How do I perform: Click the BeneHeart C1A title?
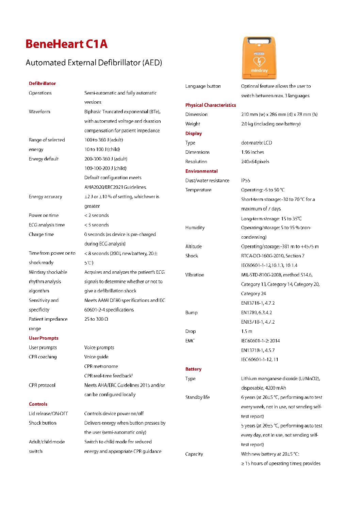pyautogui.click(x=66, y=44)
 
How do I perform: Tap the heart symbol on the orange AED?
pyautogui.click(x=259, y=62)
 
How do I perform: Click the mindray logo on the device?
pyautogui.click(x=259, y=71)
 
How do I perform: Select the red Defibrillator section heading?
pyautogui.click(x=42, y=83)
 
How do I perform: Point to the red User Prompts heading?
pyautogui.click(x=44, y=338)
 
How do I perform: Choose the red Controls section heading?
pyautogui.click(x=38, y=404)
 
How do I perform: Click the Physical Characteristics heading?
pyautogui.click(x=211, y=105)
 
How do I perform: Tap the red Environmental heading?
pyautogui.click(x=201, y=171)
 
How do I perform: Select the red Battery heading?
pyautogui.click(x=193, y=369)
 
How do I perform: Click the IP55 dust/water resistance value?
pyautogui.click(x=246, y=181)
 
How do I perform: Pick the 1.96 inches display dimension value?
pyautogui.click(x=252, y=152)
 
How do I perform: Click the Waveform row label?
pyautogui.click(x=39, y=112)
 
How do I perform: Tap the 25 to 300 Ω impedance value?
pyautogui.click(x=96, y=319)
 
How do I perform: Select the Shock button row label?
pyautogui.click(x=43, y=423)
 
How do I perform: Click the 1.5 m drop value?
pyautogui.click(x=247, y=331)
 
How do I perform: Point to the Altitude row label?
pyautogui.click(x=194, y=247)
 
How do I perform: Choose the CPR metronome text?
pyautogui.click(x=101, y=366)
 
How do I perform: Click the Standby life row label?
pyautogui.click(x=197, y=397)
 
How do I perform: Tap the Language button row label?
pyautogui.click(x=203, y=86)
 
